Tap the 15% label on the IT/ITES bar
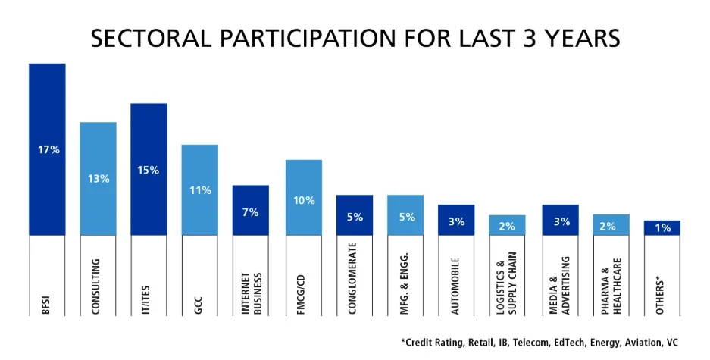149,171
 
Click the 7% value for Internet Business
250,212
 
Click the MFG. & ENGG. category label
405,277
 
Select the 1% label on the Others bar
662,228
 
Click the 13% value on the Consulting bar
98,179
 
